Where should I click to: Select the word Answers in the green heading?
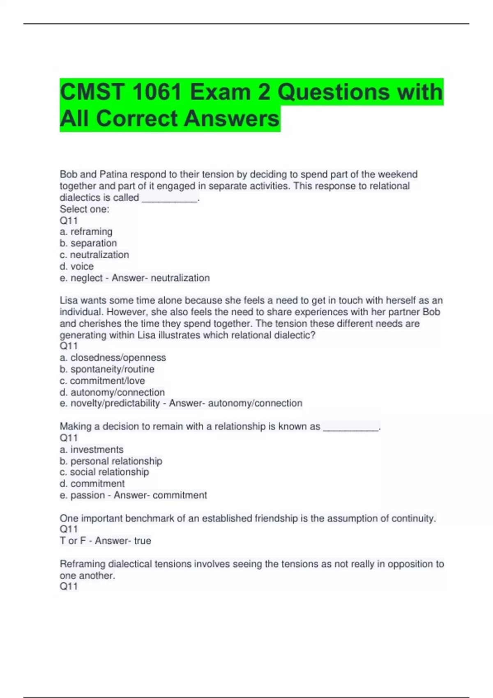(x=231, y=119)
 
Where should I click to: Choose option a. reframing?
(x=86, y=232)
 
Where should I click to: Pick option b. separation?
(x=88, y=243)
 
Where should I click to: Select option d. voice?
(x=77, y=266)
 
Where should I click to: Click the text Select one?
(x=85, y=209)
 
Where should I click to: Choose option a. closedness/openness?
(x=113, y=358)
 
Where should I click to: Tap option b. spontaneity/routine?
(x=107, y=369)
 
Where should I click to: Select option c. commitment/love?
(x=102, y=381)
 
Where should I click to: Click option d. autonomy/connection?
(x=112, y=392)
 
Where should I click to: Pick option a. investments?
(x=92, y=450)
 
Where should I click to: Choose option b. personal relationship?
(x=111, y=461)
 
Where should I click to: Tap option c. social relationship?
(x=104, y=472)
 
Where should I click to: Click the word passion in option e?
(x=88, y=495)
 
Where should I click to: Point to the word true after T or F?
(x=143, y=541)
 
